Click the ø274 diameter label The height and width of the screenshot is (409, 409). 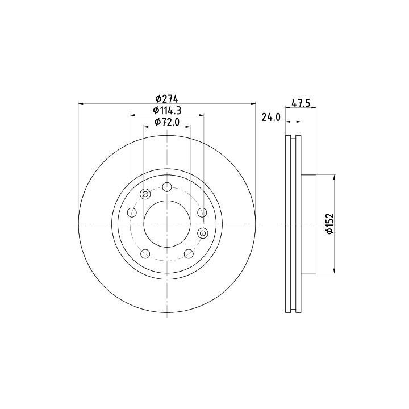tap(166, 99)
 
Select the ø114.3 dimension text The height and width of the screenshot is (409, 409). tap(167, 111)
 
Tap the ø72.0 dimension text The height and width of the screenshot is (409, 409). tap(167, 122)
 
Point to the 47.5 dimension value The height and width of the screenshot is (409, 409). tap(301, 103)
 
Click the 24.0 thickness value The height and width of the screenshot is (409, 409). tap(271, 118)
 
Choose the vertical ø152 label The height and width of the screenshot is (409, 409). tap(330, 224)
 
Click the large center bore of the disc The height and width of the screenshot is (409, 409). tap(167, 224)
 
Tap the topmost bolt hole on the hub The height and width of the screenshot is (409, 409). tap(167, 187)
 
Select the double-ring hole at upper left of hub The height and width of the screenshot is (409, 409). tap(145, 194)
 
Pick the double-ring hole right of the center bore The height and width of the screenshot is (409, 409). tap(202, 233)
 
